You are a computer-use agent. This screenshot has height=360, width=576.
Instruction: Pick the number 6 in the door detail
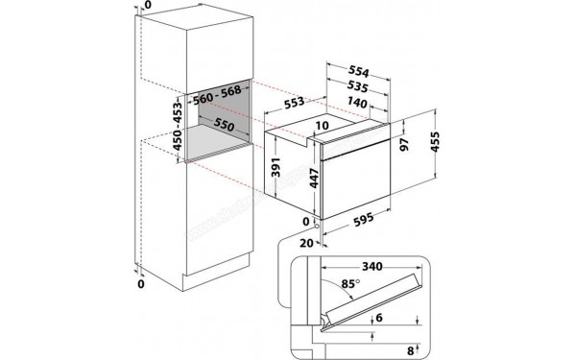click(405, 319)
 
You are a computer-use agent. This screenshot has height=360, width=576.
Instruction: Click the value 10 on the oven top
click(321, 125)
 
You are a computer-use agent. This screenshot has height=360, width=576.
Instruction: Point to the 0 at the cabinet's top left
click(146, 7)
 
